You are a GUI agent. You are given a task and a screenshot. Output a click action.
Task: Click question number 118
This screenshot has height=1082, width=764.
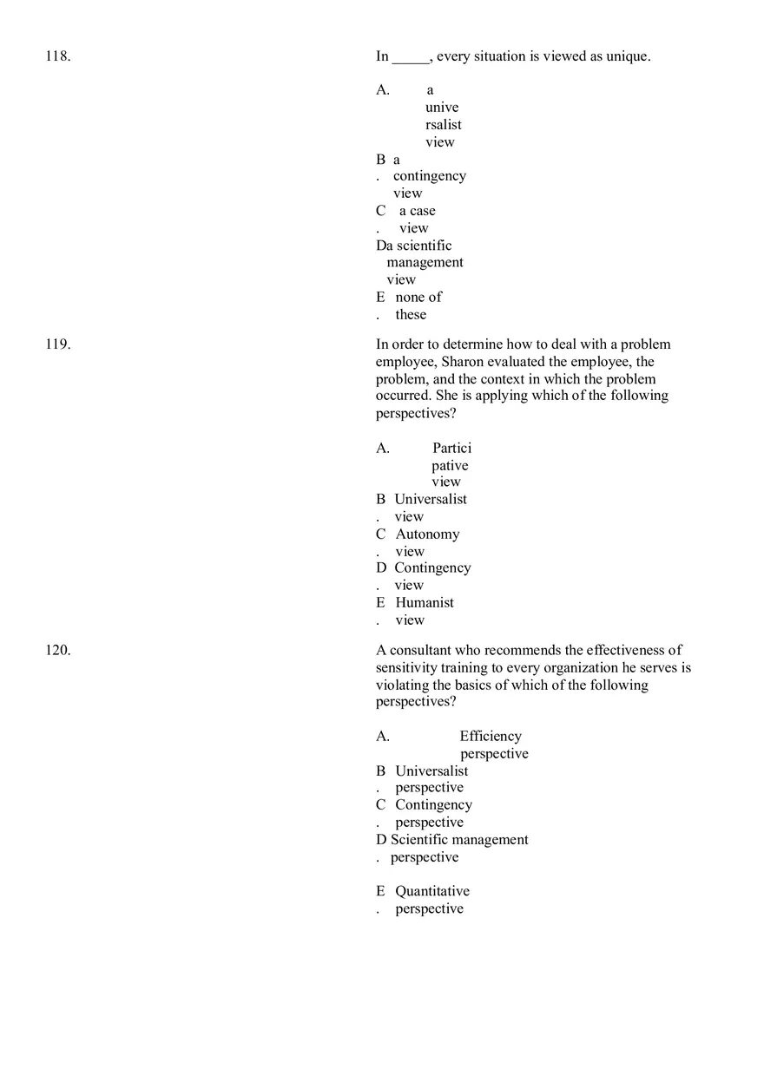click(x=57, y=56)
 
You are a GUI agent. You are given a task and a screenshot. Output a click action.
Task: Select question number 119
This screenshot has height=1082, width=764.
click(x=57, y=344)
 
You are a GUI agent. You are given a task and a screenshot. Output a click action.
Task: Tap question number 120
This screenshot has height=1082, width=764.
click(x=57, y=650)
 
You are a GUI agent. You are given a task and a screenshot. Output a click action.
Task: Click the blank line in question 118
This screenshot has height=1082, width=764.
click(x=411, y=58)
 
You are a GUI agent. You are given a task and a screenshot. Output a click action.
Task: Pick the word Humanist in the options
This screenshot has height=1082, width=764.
click(x=425, y=602)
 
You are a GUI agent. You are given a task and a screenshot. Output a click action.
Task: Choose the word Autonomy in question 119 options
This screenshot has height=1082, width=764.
click(x=427, y=534)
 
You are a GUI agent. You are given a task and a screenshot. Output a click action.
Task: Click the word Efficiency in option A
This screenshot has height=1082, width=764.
click(x=491, y=736)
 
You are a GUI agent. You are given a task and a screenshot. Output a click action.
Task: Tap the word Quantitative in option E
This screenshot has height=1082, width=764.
click(x=432, y=891)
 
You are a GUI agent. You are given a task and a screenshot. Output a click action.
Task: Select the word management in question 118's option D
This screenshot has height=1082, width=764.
click(x=425, y=262)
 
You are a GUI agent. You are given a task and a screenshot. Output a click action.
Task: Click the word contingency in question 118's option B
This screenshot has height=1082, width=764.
click(x=429, y=176)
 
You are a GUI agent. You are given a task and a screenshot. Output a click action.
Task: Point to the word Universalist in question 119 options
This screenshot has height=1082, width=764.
click(x=430, y=499)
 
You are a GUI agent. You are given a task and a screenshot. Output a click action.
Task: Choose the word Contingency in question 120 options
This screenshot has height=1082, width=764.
click(x=433, y=804)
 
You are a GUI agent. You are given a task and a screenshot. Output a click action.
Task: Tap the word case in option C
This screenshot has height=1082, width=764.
click(x=423, y=211)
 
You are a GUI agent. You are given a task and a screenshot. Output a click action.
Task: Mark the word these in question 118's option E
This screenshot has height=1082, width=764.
click(x=411, y=314)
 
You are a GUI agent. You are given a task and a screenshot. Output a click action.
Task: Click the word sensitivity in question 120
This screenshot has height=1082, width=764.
click(x=406, y=668)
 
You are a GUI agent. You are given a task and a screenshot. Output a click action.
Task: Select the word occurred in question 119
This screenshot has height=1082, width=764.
click(x=402, y=396)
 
